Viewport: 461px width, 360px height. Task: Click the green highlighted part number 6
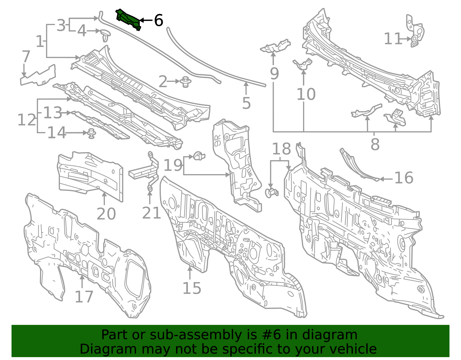(128, 20)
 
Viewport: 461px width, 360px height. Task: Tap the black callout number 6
(158, 20)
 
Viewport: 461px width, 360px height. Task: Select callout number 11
(393, 39)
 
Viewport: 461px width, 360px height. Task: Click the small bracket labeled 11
(415, 31)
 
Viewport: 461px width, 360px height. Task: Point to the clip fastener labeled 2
(186, 82)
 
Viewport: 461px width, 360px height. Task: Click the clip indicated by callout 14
(92, 133)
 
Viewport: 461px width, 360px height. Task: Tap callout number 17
(84, 297)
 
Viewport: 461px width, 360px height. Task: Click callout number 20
(106, 214)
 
